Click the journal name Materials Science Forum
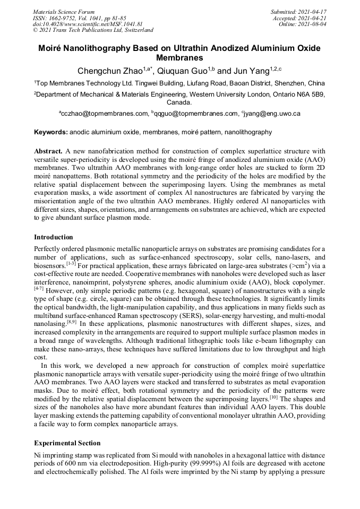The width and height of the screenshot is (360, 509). point(64,11)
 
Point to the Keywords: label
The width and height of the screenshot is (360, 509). point(51,132)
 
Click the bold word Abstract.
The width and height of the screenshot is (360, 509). point(49,151)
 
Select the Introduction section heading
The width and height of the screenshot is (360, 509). point(54,237)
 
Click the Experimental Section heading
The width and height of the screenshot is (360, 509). point(67,443)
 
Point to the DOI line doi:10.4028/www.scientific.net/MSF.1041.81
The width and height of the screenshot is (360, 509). point(88,24)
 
